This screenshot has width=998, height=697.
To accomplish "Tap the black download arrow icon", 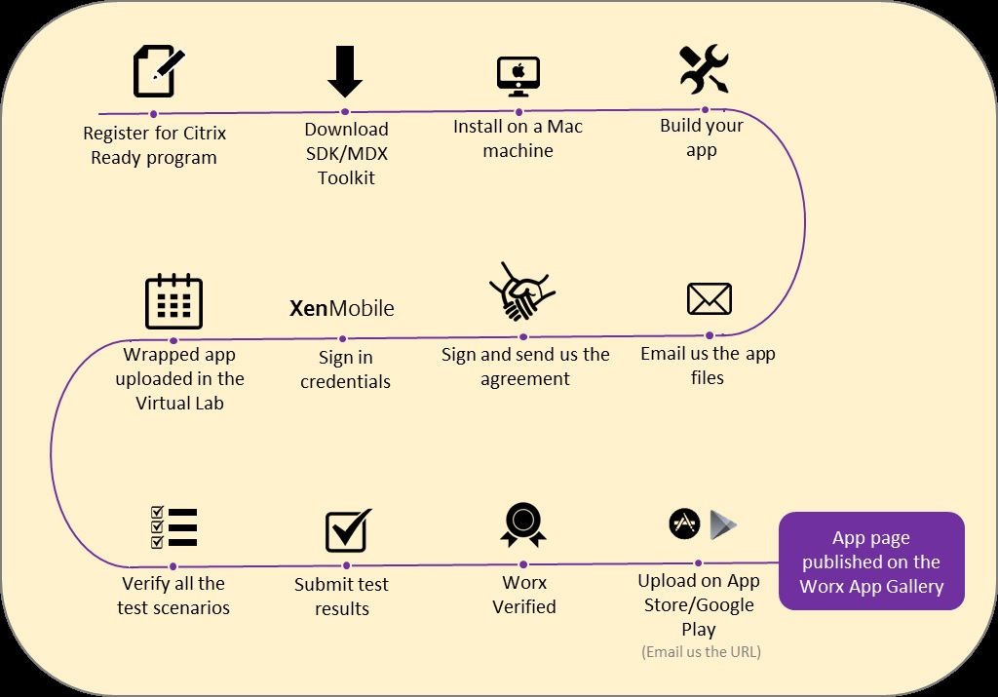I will pos(345,71).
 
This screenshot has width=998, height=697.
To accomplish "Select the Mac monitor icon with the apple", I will pos(518,76).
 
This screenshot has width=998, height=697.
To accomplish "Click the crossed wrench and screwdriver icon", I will pos(704,69).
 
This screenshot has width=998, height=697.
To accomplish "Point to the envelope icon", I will pos(709,299).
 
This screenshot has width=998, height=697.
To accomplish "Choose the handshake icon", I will pos(521,291).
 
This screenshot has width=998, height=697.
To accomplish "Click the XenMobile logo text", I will pos(342,309).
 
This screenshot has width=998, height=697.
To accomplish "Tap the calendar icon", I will pos(173,300).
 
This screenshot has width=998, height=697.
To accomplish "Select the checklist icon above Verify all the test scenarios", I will pos(173,527).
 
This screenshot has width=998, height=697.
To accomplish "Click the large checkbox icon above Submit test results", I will pos(348,530).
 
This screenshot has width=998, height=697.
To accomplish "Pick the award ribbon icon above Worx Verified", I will pos(523,525).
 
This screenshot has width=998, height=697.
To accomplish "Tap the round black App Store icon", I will pos(684,523).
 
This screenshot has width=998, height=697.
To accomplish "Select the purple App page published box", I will pos(871,561).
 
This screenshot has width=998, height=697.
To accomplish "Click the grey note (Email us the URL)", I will pos(701,651).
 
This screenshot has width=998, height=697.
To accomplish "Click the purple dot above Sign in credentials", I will pos(343,339).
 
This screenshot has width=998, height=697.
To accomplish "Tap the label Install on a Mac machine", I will pos(518,138).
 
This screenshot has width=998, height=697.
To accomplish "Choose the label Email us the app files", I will pos(708,365).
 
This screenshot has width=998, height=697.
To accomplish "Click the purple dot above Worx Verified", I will pos(523,563).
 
